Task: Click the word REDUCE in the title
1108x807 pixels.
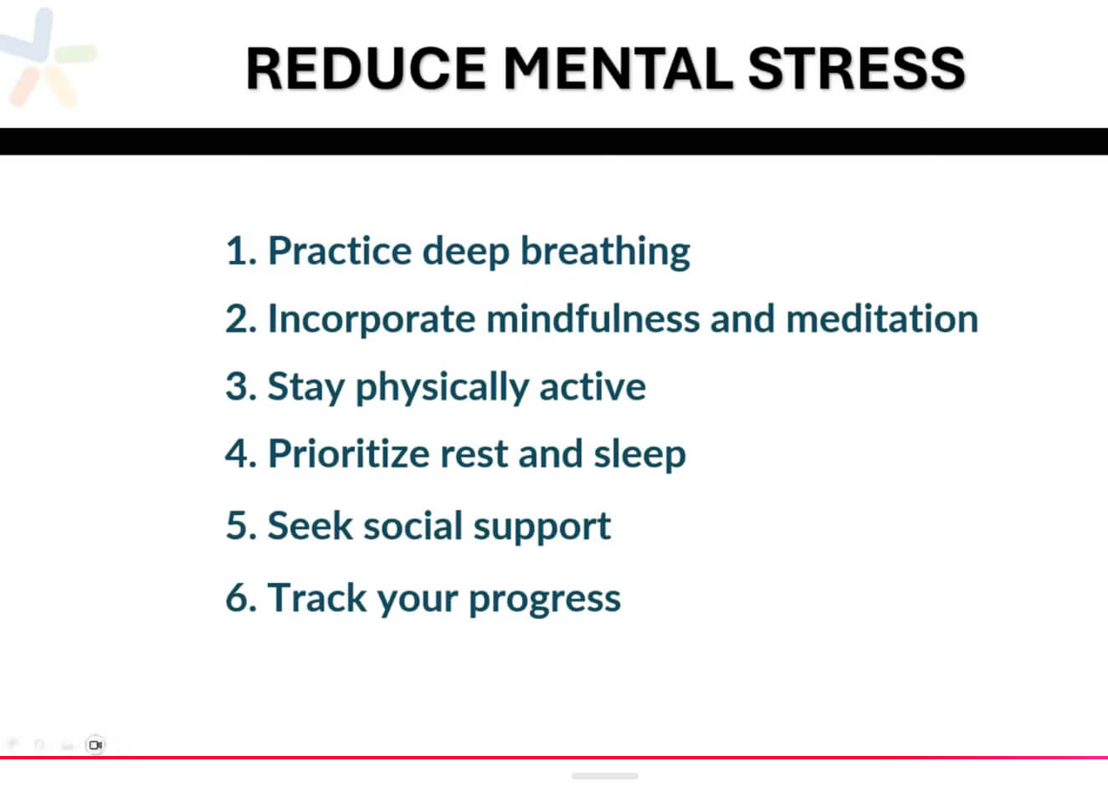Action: [366, 69]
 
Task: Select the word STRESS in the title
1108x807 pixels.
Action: [856, 69]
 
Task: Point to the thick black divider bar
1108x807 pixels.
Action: [554, 141]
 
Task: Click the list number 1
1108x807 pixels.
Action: [240, 251]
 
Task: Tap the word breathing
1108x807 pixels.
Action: [605, 252]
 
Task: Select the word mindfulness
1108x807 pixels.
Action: [593, 319]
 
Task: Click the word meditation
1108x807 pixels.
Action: [882, 319]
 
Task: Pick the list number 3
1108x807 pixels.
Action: [241, 386]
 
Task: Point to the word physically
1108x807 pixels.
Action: [442, 387]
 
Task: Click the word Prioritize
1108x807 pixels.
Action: [349, 452]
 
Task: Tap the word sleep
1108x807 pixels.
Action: [639, 455]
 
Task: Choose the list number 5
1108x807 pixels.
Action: [241, 525]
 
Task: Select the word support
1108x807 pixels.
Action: [542, 528]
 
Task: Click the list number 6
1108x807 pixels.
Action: [241, 597]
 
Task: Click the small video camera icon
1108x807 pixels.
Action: [95, 745]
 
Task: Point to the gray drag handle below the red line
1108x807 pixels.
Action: [604, 776]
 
